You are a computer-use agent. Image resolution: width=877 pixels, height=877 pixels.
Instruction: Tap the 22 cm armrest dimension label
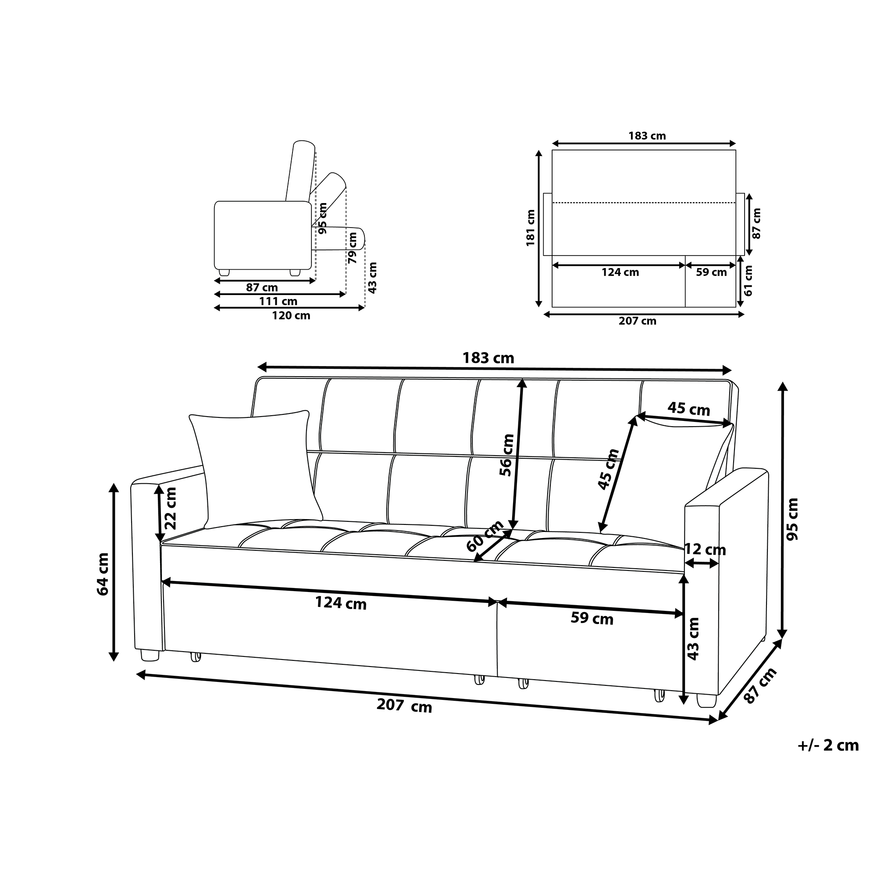170,508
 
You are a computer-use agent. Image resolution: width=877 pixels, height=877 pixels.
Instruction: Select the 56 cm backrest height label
507,455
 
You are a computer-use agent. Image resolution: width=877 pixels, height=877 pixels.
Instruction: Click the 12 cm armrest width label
705,550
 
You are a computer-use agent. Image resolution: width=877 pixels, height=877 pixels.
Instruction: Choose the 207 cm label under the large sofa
404,706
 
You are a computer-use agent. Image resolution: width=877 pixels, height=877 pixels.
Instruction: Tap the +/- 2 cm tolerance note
828,745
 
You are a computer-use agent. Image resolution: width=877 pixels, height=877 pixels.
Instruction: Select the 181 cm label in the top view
530,228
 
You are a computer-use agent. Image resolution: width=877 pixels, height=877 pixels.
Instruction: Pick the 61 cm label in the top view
748,281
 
